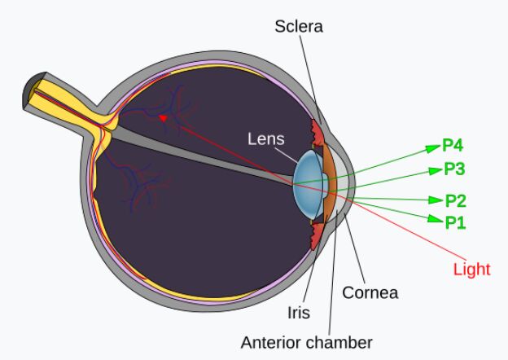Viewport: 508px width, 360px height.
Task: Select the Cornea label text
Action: [370, 291]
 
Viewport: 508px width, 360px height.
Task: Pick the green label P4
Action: [453, 147]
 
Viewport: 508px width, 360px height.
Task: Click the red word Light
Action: [472, 270]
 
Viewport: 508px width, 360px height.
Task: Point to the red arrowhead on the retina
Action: [164, 118]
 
